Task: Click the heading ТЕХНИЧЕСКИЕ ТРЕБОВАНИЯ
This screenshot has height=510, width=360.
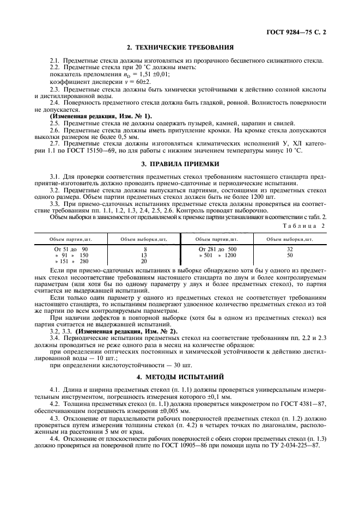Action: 180,48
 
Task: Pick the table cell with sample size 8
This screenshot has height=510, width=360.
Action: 144,248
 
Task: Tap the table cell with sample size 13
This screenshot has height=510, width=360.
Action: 144,254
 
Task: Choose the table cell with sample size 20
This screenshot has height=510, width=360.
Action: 144,261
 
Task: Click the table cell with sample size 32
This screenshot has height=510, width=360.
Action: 289,248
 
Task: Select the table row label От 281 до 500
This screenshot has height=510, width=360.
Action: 217,248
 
